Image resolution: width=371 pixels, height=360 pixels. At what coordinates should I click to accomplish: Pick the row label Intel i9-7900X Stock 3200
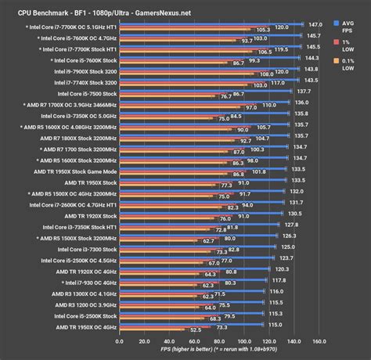coord(83,70)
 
